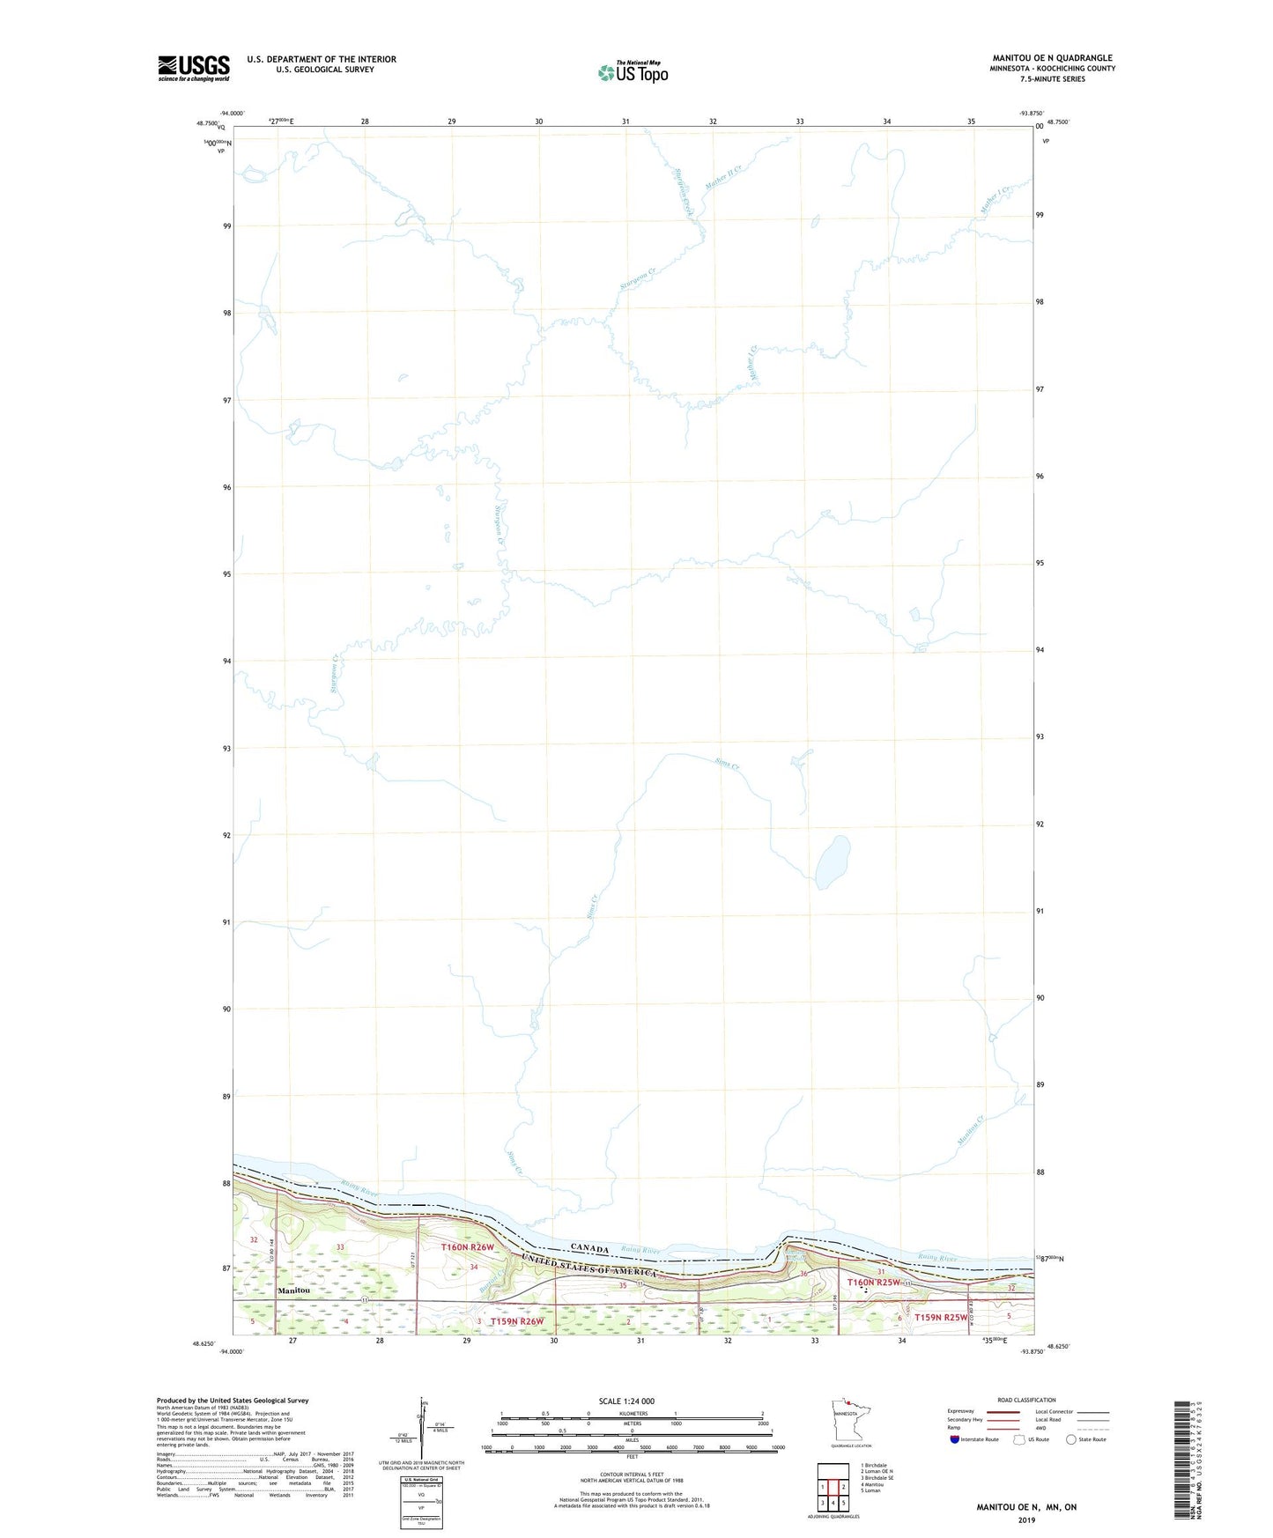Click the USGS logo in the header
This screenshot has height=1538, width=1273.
194,67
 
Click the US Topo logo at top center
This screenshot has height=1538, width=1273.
633,72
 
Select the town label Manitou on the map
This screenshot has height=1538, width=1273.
293,1290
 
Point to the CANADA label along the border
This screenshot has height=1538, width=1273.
589,1248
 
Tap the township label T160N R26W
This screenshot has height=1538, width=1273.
468,1247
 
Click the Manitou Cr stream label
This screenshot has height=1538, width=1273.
970,1130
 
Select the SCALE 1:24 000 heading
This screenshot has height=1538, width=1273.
626,1401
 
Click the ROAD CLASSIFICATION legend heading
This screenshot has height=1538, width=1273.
1026,1400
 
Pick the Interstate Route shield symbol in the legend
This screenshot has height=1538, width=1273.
955,1439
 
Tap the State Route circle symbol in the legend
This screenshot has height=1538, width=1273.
1071,1439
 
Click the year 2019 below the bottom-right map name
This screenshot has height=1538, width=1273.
1026,1520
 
